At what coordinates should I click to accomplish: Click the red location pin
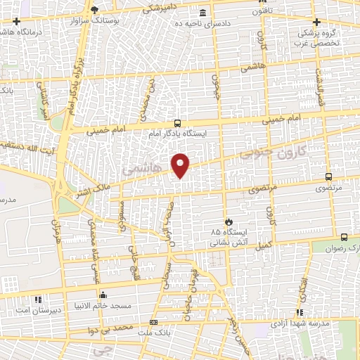[181, 165]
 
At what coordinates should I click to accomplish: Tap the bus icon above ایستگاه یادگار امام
[177, 122]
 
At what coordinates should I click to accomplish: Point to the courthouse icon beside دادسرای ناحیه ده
[203, 13]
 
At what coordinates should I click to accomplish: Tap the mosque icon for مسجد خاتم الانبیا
[103, 295]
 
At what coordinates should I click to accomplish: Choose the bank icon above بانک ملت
[154, 322]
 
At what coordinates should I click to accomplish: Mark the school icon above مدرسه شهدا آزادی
[300, 311]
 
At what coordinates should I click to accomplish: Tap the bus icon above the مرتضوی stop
[328, 177]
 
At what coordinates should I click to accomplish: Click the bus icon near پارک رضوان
[344, 236]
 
